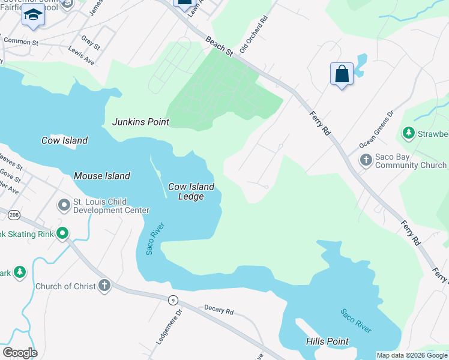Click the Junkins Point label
point(140,122)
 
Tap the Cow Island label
point(64,140)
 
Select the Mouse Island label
point(101,176)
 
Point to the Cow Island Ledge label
point(191,191)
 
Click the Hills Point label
point(327,341)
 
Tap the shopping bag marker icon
point(342,74)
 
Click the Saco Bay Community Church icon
point(366,160)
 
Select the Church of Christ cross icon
point(104,286)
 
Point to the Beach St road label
point(219,46)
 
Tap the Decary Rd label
point(218,310)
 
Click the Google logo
point(20,352)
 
